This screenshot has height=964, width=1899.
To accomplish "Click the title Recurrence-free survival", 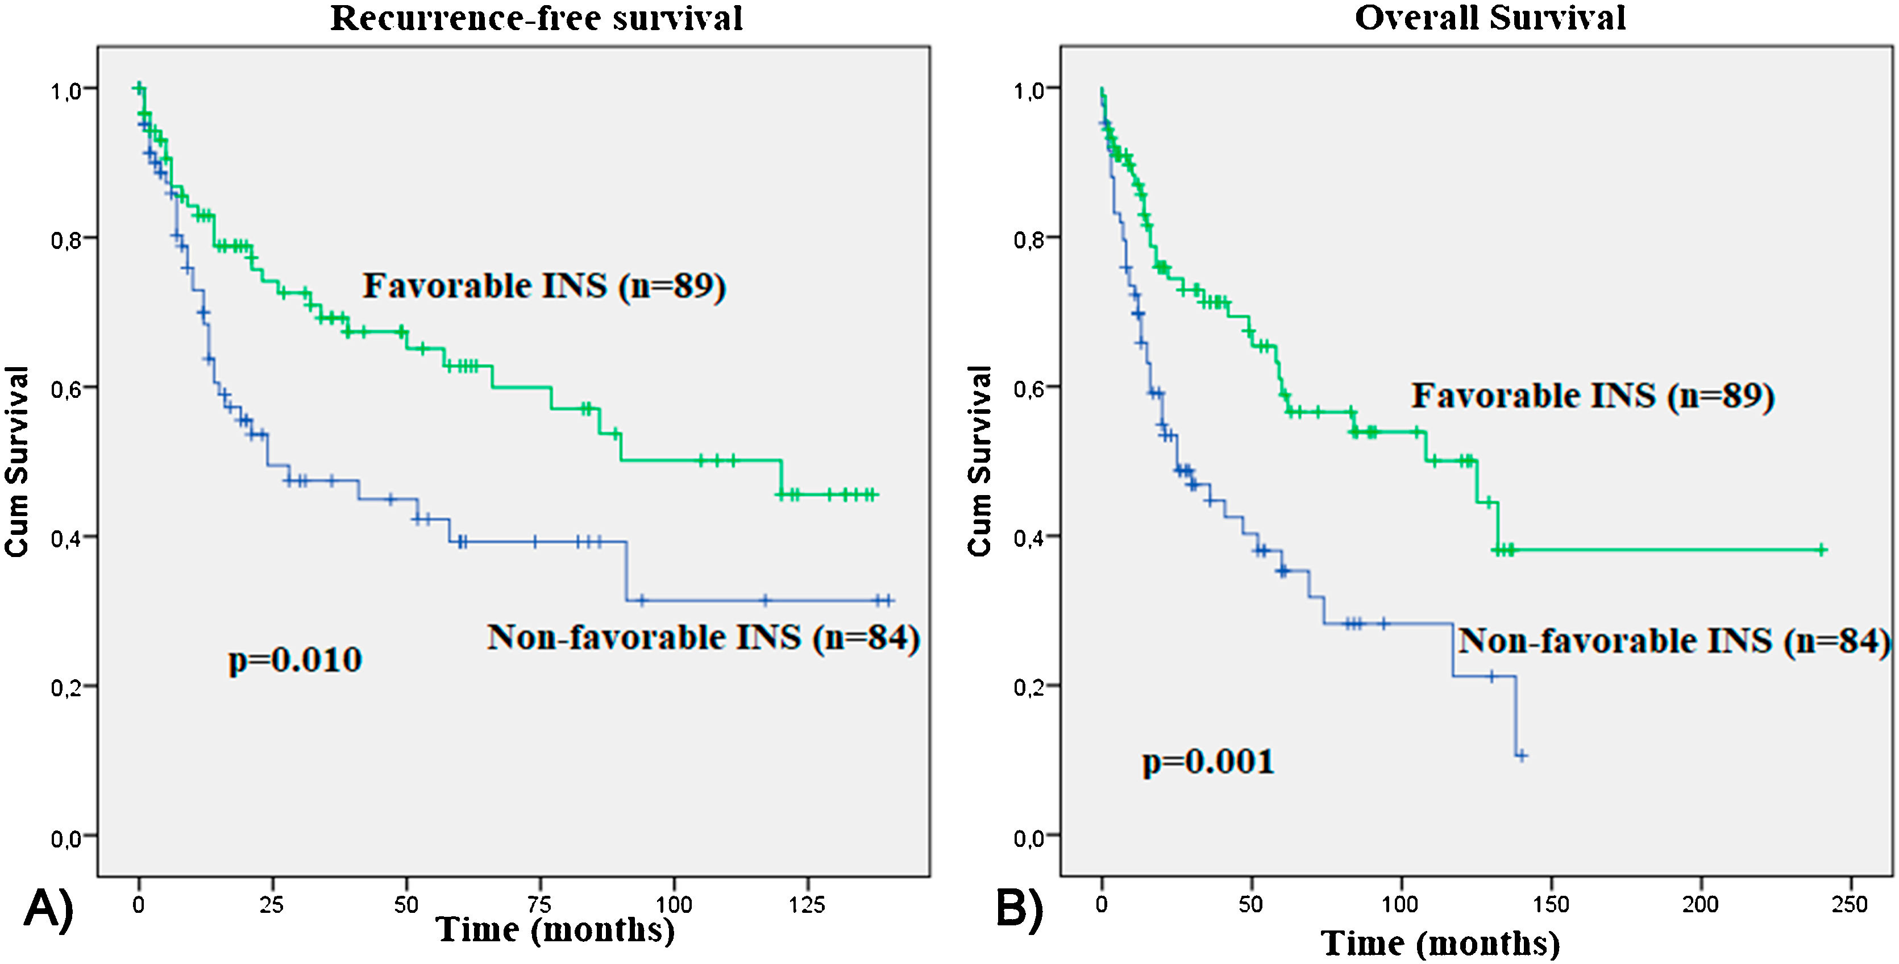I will tap(536, 18).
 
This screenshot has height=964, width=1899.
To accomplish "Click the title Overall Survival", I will tap(1489, 18).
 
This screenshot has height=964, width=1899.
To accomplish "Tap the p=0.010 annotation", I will tap(295, 659).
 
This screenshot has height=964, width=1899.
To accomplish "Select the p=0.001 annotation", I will tap(1208, 761).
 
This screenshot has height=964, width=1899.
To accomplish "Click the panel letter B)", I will tap(1020, 908).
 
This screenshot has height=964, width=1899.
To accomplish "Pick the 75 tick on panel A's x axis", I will tap(539, 904).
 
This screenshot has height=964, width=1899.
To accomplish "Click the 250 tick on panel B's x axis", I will tap(1849, 904).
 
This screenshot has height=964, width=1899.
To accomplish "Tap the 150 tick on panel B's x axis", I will tap(1551, 904).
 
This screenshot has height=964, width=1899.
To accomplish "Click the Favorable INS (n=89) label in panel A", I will tap(544, 286).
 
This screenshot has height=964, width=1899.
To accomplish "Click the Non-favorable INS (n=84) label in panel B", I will tap(1673, 641).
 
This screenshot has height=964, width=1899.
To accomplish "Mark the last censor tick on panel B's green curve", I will tap(1821, 549).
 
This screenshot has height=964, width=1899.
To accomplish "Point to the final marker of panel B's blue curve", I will tap(1521, 755).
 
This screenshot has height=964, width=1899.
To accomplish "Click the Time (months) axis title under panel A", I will tap(555, 930).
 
